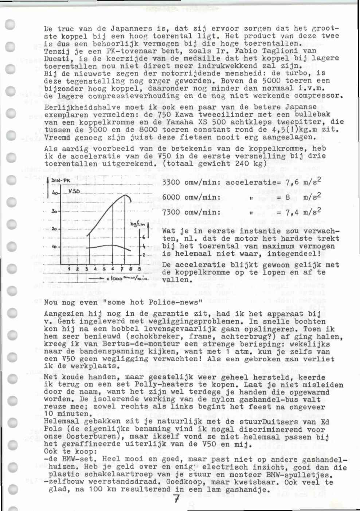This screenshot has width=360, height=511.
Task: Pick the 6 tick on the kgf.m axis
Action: tap(144, 237)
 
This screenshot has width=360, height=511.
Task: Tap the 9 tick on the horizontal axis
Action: tap(139, 269)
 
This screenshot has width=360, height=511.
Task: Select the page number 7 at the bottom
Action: tap(176, 499)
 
